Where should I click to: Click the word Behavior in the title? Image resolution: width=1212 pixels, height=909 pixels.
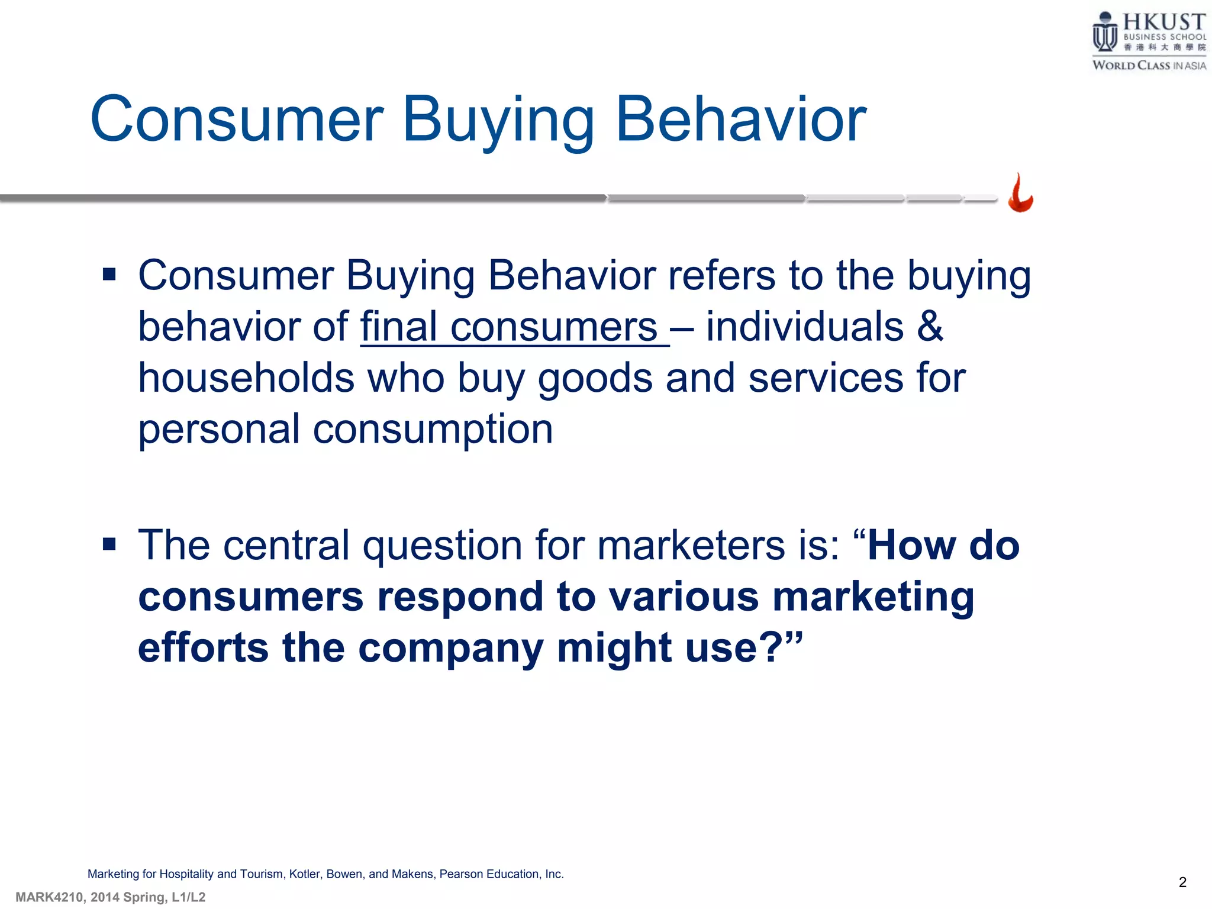point(741,120)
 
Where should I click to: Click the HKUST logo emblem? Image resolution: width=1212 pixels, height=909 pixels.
point(1104,33)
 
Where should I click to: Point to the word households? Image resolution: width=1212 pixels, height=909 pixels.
point(246,378)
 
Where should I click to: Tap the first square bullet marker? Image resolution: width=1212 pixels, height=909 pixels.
point(109,275)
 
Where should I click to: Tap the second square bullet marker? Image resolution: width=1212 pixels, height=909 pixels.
point(109,544)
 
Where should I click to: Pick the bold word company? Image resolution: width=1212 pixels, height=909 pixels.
point(450,648)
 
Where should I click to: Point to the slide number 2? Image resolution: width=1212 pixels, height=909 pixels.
point(1182,882)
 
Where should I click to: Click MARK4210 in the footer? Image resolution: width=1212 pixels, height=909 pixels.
point(49,897)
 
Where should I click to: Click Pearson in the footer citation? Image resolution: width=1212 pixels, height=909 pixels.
point(461,874)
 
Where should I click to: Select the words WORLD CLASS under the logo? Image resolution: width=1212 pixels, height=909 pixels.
point(1131,66)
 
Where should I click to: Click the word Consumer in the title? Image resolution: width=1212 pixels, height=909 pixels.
point(237,120)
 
